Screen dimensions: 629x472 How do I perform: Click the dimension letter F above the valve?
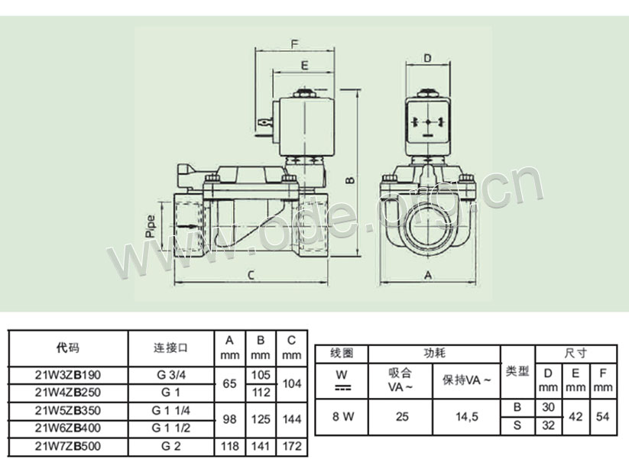pyautogui.click(x=295, y=44)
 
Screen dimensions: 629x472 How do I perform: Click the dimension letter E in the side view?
pyautogui.click(x=304, y=65)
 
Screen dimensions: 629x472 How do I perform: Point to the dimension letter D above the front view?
pyautogui.click(x=428, y=58)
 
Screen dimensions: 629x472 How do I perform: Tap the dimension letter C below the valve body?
pyautogui.click(x=251, y=275)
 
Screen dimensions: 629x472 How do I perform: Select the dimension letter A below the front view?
pyautogui.click(x=428, y=275)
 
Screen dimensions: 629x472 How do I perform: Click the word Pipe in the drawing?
pyautogui.click(x=151, y=227)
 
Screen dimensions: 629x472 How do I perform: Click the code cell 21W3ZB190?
pyautogui.click(x=68, y=375)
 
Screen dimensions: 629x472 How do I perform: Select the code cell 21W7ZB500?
pyautogui.click(x=68, y=446)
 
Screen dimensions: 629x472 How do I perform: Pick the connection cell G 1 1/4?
pyautogui.click(x=171, y=411)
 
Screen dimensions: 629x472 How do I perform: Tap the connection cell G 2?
pyautogui.click(x=171, y=446)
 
